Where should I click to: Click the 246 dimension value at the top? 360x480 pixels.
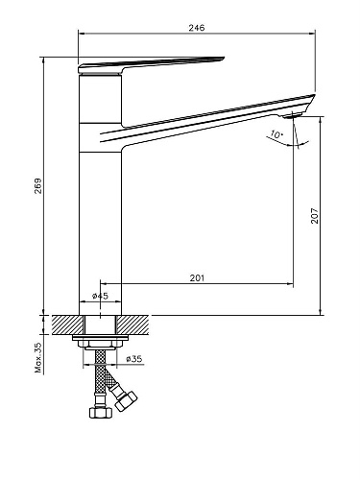196,28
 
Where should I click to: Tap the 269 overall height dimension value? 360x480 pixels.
38,186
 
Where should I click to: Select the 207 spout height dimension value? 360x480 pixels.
315,216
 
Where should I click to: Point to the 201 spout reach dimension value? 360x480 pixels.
197,278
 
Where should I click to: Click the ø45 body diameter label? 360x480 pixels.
101,296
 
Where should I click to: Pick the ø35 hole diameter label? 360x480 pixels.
134,359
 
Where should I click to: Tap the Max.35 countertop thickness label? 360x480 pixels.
38,358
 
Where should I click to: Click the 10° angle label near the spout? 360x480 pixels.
276,134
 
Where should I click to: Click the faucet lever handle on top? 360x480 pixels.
151,65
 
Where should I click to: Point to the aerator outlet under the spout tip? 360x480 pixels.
293,115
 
